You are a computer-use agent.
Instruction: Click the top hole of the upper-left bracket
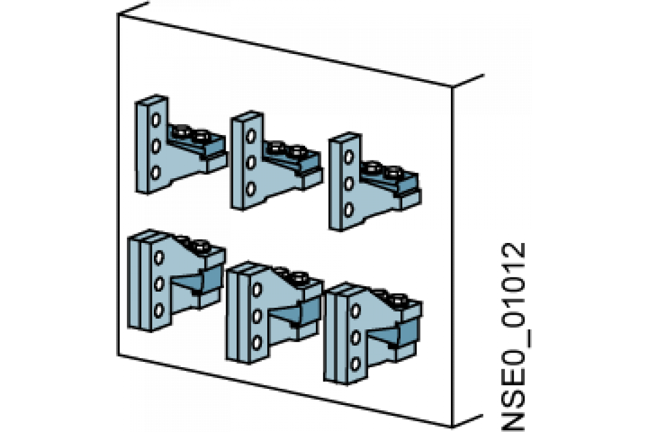[156, 120]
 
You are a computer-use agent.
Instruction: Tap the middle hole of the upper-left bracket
[156, 146]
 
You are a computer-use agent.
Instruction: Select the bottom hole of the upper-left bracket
[156, 172]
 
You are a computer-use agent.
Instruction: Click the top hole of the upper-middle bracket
[251, 136]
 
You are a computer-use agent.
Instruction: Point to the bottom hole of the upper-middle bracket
[251, 188]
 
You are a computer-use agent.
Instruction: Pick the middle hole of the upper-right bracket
[349, 184]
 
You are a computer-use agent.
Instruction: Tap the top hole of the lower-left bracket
[159, 258]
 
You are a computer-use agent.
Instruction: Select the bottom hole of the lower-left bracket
[159, 310]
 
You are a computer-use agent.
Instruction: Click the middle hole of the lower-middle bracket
[257, 316]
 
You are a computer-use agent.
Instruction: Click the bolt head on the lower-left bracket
[201, 246]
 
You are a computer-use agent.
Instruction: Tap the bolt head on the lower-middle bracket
[299, 278]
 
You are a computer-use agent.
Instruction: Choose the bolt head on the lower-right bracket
[398, 301]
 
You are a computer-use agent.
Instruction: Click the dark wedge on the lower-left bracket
[200, 280]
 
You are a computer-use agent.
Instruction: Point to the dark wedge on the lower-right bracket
[396, 334]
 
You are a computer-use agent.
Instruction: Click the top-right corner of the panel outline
[452, 87]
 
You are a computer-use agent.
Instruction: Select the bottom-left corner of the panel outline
[118, 355]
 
